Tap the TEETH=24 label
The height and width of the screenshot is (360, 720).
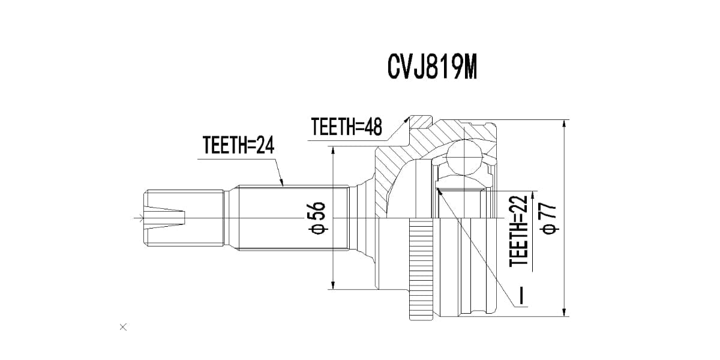point(239,145)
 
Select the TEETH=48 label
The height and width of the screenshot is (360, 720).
point(347,127)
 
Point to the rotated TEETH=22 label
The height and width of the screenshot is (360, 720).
point(518,231)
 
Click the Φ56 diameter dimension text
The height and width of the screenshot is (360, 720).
point(317,218)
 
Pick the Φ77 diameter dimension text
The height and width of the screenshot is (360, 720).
point(550,218)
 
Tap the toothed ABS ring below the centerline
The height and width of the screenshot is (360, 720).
point(421,269)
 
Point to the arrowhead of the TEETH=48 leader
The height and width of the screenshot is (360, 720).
point(406,120)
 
